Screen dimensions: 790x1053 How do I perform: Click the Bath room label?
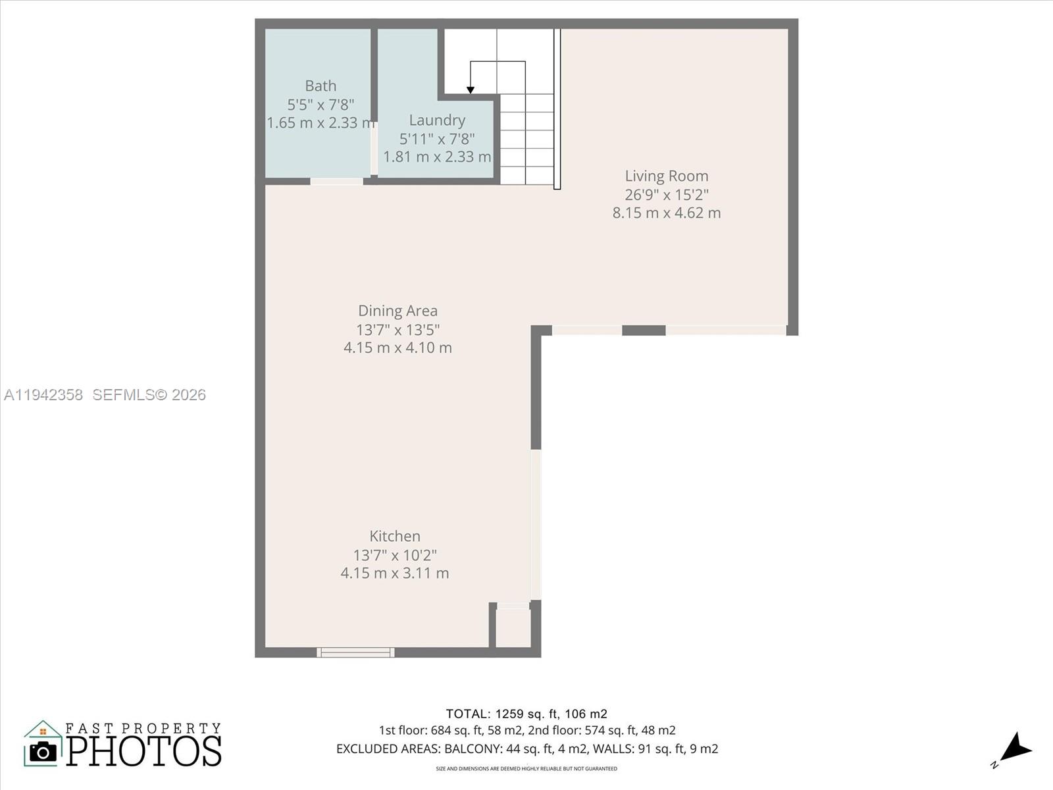[x=321, y=86]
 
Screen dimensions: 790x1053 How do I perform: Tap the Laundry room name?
[x=437, y=120]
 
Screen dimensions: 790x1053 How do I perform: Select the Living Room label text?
[x=667, y=176]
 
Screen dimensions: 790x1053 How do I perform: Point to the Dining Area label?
[x=398, y=311]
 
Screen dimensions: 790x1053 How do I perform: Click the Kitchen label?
[x=395, y=537]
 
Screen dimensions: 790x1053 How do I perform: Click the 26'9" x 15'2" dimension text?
[x=667, y=195]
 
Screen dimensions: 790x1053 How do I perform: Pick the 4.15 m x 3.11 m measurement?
[x=395, y=573]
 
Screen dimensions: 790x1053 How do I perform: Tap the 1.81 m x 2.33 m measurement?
[x=437, y=157]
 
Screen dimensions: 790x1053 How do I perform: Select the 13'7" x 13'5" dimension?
[x=398, y=330]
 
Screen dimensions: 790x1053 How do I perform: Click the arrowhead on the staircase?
[x=471, y=90]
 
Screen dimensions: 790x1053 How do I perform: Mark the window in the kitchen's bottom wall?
[x=355, y=652]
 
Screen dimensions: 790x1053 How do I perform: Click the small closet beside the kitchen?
[x=513, y=628]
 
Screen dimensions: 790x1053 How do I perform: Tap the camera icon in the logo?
[x=43, y=751]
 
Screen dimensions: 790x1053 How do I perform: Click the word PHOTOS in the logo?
[x=144, y=751]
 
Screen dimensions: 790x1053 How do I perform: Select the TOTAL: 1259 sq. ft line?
[x=526, y=714]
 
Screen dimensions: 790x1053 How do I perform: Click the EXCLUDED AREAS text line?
[x=526, y=749]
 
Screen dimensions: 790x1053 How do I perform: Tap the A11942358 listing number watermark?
[x=43, y=395]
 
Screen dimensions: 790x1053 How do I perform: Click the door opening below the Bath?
[x=336, y=181]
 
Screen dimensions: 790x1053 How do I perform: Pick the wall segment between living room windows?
[x=644, y=330]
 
